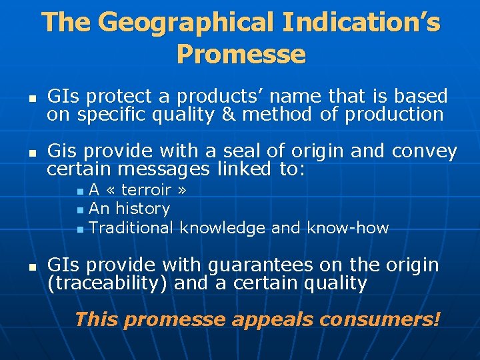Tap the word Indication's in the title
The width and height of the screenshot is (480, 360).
pos(361,23)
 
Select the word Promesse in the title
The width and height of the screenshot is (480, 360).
pos(241,54)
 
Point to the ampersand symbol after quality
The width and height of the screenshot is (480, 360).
pos(227,114)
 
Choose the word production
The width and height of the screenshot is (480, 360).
pos(393,114)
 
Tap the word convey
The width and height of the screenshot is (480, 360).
pos(425,151)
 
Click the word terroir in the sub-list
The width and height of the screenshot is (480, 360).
pos(147,190)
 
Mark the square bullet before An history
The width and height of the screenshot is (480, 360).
pos(81,210)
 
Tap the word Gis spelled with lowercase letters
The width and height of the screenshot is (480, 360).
pos(62,151)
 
